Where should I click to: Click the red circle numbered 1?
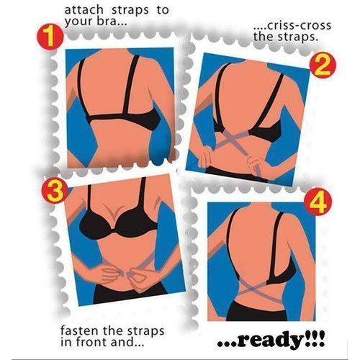(50, 37)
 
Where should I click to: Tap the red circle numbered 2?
(322, 65)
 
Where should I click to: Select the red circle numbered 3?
(55, 191)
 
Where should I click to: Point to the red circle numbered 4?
(318, 202)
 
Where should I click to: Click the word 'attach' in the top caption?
(84, 10)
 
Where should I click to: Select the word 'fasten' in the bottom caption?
(81, 330)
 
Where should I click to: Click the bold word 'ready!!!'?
(271, 341)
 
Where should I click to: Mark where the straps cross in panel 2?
(233, 139)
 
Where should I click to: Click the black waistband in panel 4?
(256, 311)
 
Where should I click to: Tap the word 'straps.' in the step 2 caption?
(301, 37)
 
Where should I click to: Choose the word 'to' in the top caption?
(163, 10)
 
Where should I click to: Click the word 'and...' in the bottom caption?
(127, 342)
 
